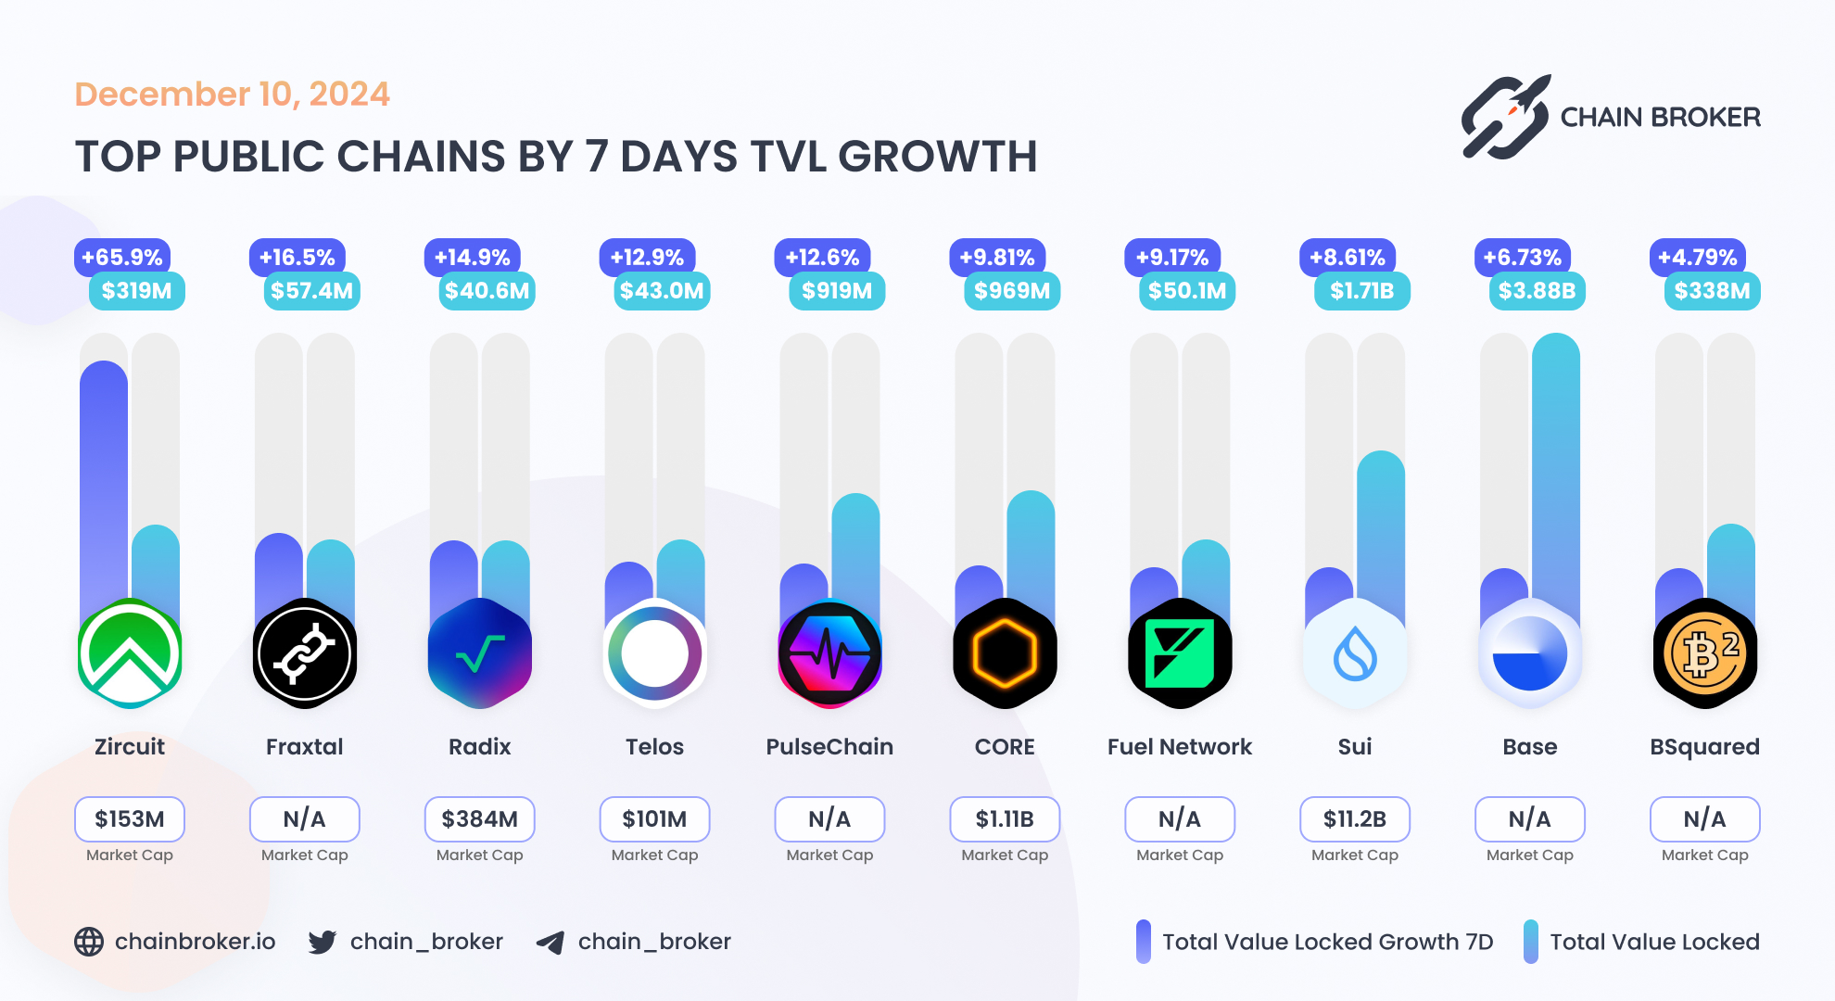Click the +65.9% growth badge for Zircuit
[x=122, y=258]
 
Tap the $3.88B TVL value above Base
[x=1537, y=291]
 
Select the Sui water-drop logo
[x=1355, y=654]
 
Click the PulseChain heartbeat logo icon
[x=829, y=654]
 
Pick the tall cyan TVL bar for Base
[x=1556, y=463]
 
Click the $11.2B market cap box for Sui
[x=1355, y=819]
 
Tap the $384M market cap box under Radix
[x=479, y=819]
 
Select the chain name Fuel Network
[x=1179, y=747]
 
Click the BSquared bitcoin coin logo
[x=1704, y=654]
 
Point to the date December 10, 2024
[x=232, y=95]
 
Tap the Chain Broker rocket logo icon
[x=1505, y=118]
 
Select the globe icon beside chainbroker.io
[x=89, y=942]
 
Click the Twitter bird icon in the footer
[x=323, y=942]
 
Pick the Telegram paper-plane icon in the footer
[x=550, y=943]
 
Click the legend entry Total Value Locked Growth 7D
[x=1327, y=942]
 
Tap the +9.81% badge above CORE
[x=997, y=258]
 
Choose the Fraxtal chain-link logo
[x=304, y=654]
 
